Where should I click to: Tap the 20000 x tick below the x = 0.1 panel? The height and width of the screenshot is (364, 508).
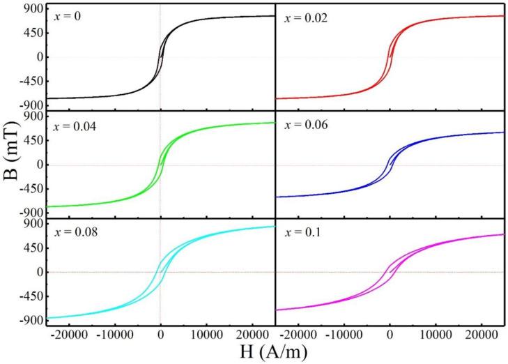pyautogui.click(x=480, y=333)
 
